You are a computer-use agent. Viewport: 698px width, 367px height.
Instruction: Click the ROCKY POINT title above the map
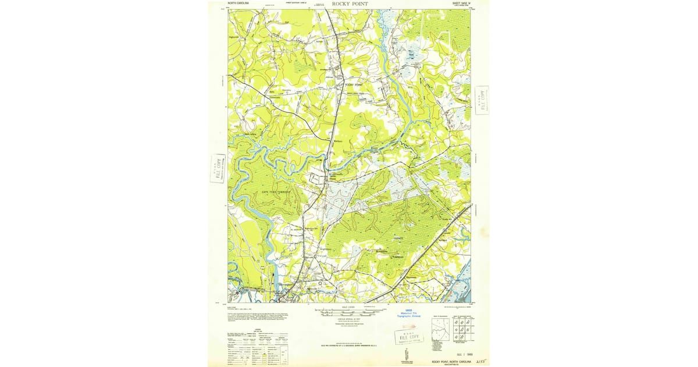pos(350,3)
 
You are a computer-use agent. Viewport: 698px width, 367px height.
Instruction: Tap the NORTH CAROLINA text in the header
pos(240,3)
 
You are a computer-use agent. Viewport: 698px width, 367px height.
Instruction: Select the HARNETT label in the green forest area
pos(397,238)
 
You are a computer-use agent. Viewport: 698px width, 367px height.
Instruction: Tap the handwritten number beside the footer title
pos(480,362)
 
